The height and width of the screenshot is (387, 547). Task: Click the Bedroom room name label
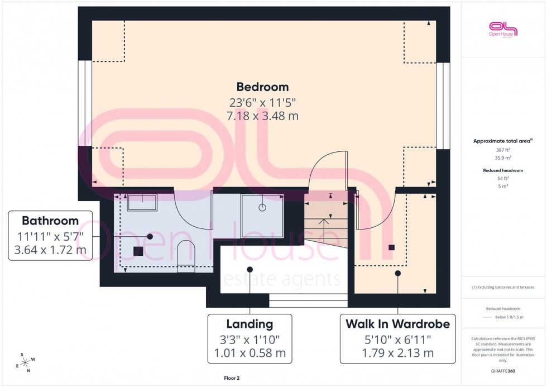click(262, 87)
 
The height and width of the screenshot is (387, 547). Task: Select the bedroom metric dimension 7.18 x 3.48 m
click(262, 116)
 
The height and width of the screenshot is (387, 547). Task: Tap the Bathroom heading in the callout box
click(50, 220)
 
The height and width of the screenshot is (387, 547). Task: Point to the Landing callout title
click(249, 324)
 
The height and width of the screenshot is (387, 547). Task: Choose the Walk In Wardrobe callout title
click(397, 324)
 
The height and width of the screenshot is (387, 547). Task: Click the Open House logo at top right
click(503, 30)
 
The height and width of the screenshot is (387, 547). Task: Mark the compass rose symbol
click(26, 362)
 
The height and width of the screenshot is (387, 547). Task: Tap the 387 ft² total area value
click(503, 150)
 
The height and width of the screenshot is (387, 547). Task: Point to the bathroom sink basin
click(142, 202)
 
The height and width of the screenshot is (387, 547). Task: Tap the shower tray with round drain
click(262, 208)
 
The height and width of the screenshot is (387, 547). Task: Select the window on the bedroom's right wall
click(443, 106)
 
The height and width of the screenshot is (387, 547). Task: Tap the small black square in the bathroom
click(137, 251)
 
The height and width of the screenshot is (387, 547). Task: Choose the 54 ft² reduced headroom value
click(503, 178)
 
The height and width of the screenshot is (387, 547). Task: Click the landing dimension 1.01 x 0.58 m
click(249, 352)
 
